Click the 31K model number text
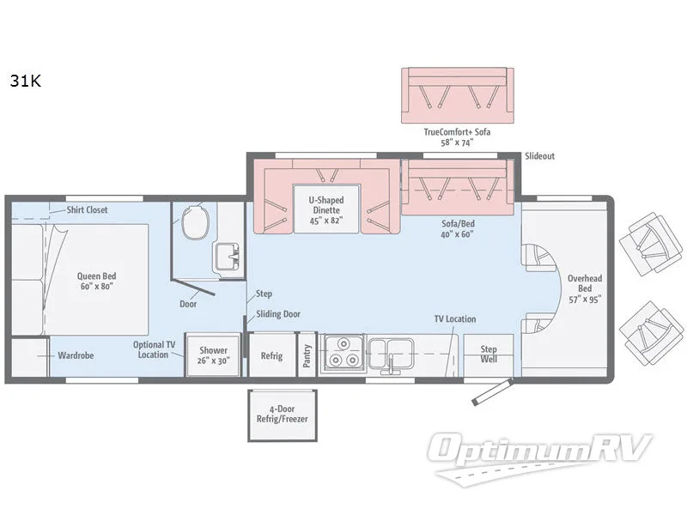click(x=26, y=82)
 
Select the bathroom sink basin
click(x=226, y=256)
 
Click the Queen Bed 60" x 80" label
click(x=95, y=281)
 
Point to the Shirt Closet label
click(x=87, y=209)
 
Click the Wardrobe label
click(x=76, y=354)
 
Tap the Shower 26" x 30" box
click(x=212, y=354)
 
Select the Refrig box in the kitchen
click(x=271, y=355)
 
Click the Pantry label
click(x=306, y=354)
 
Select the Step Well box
click(x=489, y=354)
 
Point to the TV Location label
click(x=454, y=319)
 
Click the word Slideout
click(x=539, y=156)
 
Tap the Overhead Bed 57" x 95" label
click(x=585, y=288)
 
